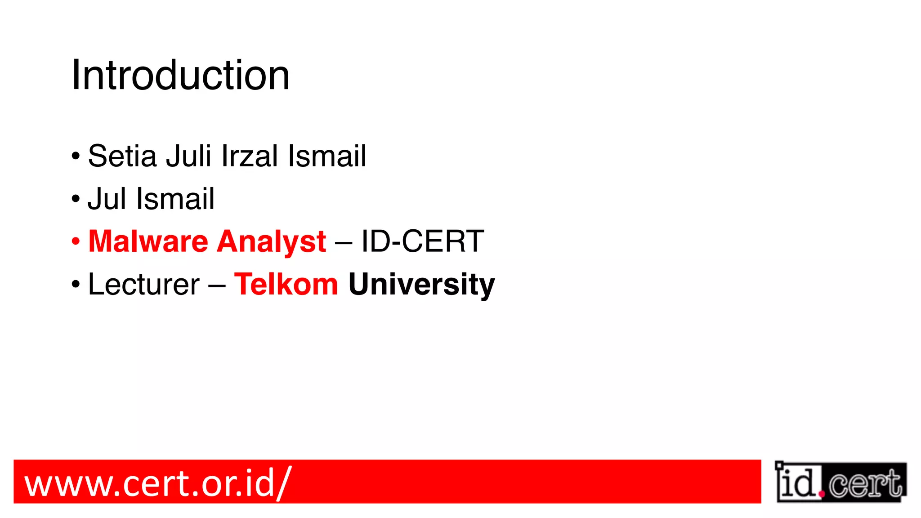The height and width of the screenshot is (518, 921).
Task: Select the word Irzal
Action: point(250,156)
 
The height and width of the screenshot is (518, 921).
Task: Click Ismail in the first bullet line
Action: point(327,156)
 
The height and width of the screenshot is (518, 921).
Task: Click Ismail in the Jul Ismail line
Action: point(175,199)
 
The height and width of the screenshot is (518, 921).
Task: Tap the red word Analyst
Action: point(272,242)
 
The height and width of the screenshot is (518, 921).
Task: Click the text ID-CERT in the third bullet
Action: point(422,241)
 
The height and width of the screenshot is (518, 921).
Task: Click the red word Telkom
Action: point(286,284)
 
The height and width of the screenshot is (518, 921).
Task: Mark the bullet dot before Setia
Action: point(76,156)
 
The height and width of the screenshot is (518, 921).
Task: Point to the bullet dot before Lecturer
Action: point(76,284)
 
